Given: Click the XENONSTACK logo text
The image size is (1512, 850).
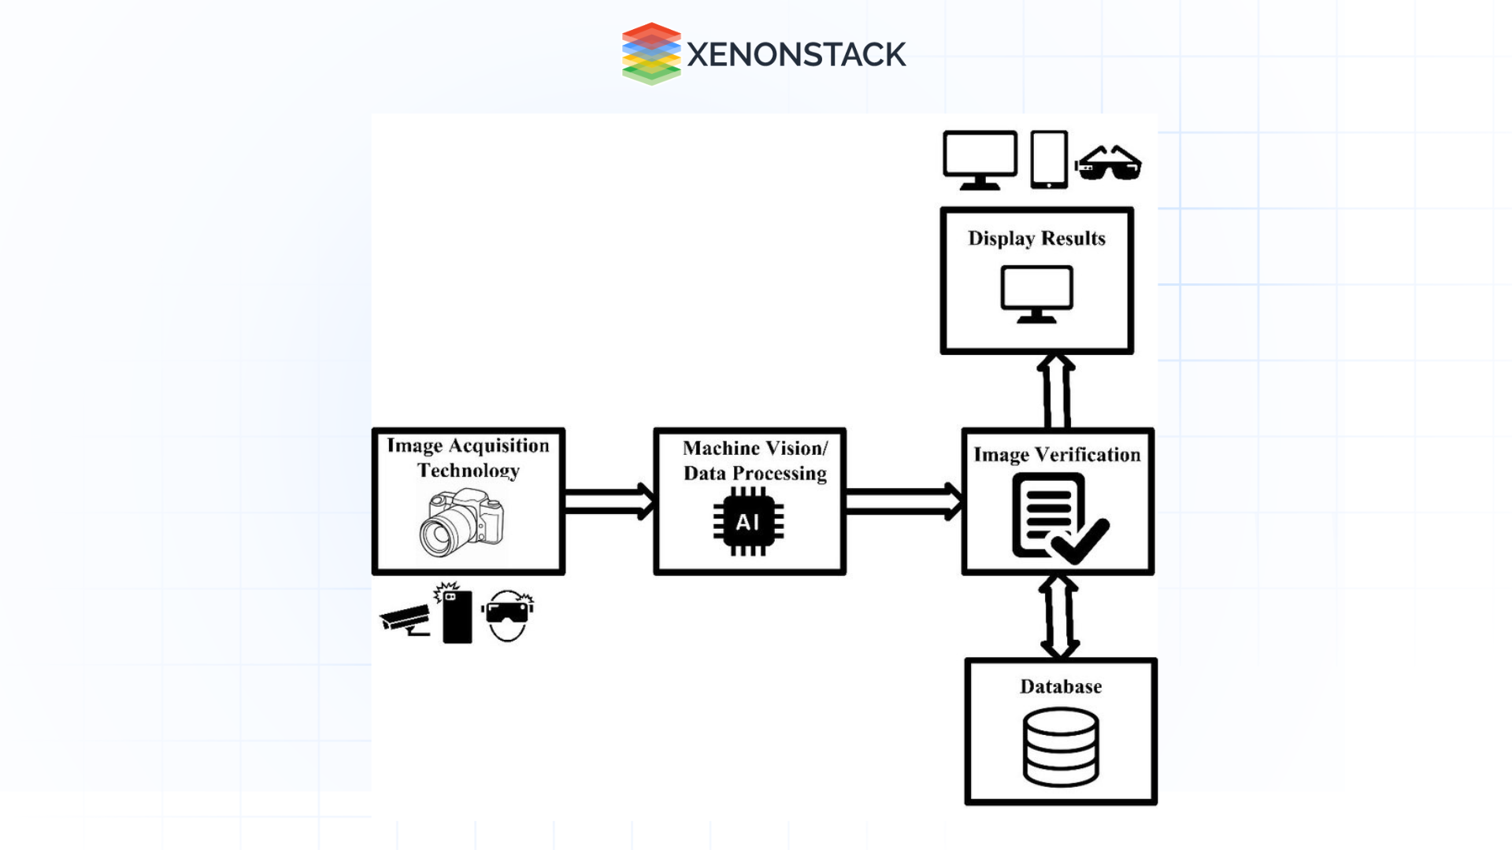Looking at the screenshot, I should point(796,54).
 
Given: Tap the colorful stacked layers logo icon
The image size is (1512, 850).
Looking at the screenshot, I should point(650,54).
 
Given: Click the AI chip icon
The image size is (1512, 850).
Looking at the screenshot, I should point(748,522).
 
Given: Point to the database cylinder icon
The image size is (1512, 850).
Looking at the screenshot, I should point(1061,747).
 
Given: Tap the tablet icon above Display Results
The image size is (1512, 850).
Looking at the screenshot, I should point(1049,160).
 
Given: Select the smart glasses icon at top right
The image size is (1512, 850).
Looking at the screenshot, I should point(1108,163).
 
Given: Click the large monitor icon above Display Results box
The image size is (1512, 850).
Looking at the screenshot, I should point(980,160).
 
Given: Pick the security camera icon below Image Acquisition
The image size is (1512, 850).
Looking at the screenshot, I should point(406,620).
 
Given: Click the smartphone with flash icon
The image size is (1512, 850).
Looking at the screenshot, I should point(455,615).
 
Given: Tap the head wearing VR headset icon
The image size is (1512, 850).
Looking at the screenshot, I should point(508,615).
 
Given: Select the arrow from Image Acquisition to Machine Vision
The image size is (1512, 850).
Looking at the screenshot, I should point(609,501).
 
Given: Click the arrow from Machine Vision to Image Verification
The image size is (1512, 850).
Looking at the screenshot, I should point(903,501).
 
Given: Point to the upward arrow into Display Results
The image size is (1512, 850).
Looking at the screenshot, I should point(1056,391).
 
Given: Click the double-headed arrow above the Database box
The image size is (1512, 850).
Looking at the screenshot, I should point(1059,616).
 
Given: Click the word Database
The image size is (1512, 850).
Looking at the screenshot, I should point(1061,686).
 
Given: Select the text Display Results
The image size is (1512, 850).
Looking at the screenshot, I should point(1036,238).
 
